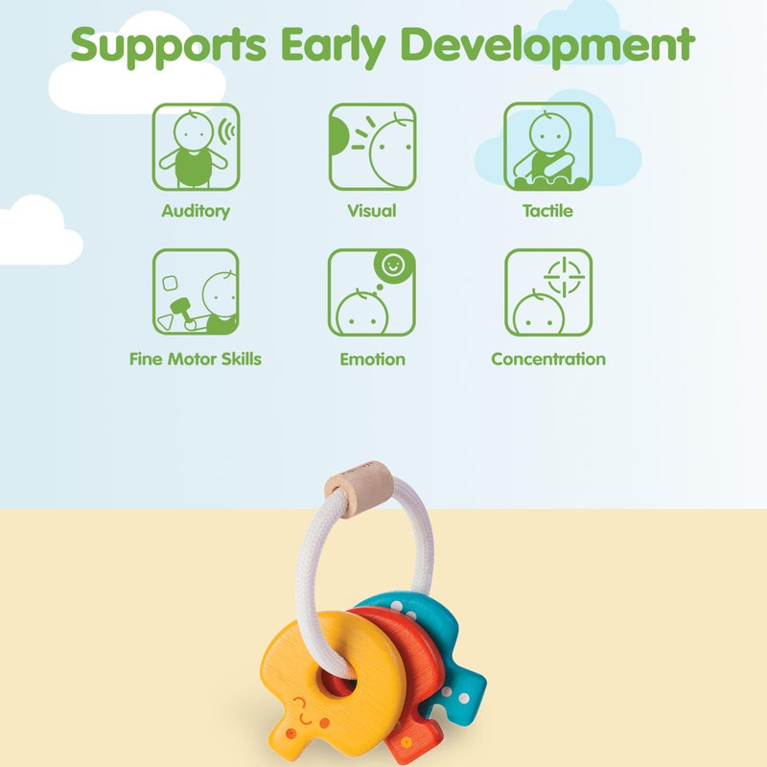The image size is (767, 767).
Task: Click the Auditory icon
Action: tap(196, 147)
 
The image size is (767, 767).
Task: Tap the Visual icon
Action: tap(372, 147)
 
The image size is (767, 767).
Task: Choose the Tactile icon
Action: tap(548, 147)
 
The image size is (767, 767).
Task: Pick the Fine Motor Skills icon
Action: tap(196, 292)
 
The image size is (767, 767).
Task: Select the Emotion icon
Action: tap(372, 292)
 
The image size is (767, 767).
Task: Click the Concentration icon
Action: tap(548, 292)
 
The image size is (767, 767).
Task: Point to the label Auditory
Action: tap(196, 211)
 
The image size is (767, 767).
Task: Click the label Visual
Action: tap(372, 211)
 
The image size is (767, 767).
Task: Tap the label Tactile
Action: tap(548, 211)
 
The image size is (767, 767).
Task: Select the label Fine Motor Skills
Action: tap(196, 360)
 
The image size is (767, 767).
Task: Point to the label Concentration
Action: tap(548, 360)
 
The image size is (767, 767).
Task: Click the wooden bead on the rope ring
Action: tap(357, 476)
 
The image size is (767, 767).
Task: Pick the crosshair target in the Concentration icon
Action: tap(564, 276)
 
